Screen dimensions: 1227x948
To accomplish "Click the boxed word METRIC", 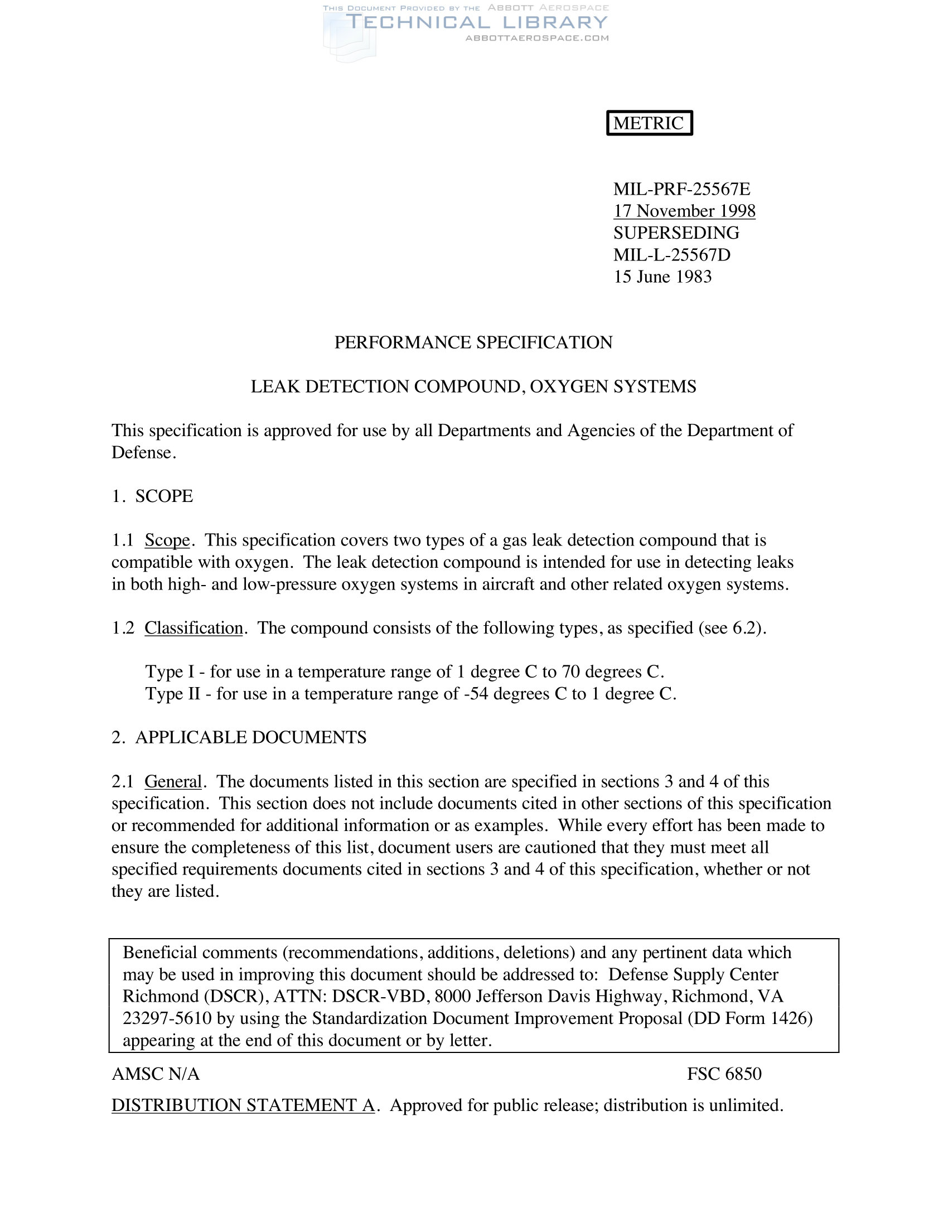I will [649, 123].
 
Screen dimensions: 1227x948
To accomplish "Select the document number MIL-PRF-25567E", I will [681, 189].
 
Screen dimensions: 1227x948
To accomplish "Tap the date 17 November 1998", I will [684, 211].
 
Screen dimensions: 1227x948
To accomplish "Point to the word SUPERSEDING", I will [676, 233].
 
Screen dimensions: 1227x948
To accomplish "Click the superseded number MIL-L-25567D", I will [672, 254].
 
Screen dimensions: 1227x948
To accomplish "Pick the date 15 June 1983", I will [662, 277].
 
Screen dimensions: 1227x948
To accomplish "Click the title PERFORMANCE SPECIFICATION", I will [473, 342].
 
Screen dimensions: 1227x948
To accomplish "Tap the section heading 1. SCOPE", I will [152, 496].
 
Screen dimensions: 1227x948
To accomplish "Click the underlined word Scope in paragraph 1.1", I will [167, 540].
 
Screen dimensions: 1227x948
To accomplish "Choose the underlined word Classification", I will [194, 627].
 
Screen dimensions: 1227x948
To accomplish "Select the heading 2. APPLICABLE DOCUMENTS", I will [239, 737].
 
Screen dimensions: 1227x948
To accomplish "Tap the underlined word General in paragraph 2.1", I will [173, 781].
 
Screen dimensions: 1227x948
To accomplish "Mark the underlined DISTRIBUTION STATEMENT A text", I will [243, 1105].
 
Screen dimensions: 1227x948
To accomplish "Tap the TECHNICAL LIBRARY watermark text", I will [476, 22].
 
